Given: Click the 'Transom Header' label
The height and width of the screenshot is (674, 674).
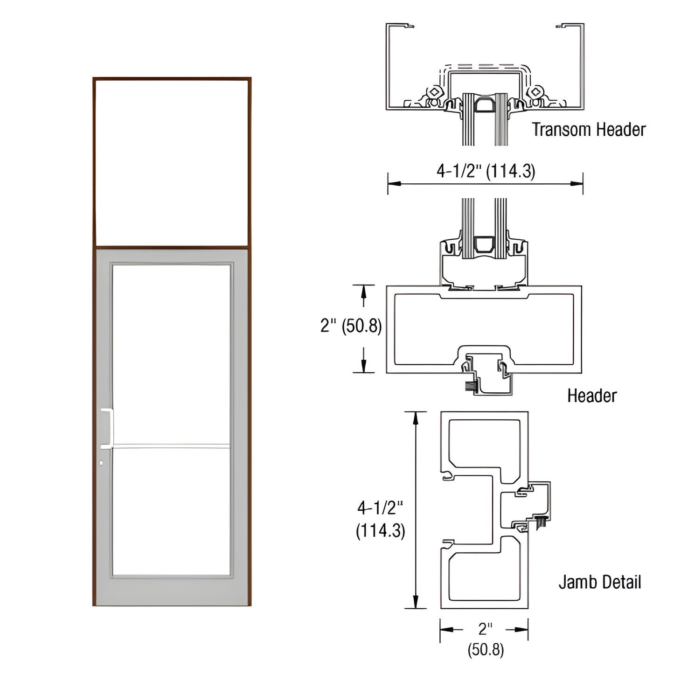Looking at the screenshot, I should coord(589,130).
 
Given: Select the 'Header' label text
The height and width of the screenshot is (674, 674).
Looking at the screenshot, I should coord(591,396).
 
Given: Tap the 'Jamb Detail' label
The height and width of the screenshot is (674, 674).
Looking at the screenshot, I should coord(599,582).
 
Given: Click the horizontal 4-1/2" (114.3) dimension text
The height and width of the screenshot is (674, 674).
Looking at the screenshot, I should coord(486,171).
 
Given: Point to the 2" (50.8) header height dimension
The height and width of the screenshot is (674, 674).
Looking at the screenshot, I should coord(351,326).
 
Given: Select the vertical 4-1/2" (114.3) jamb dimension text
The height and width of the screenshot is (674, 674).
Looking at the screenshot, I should coord(380,519).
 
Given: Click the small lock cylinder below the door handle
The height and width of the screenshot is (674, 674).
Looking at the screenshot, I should coord(102,463).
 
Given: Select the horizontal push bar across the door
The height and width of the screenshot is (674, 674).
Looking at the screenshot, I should coord(171,446).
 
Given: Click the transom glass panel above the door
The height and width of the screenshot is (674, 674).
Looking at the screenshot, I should coord(171,162).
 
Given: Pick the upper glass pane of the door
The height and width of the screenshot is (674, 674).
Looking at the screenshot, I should coord(171,354).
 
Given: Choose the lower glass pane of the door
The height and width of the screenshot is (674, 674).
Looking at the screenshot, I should coord(171,511).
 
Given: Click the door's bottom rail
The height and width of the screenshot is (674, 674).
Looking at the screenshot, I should coord(171,591).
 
